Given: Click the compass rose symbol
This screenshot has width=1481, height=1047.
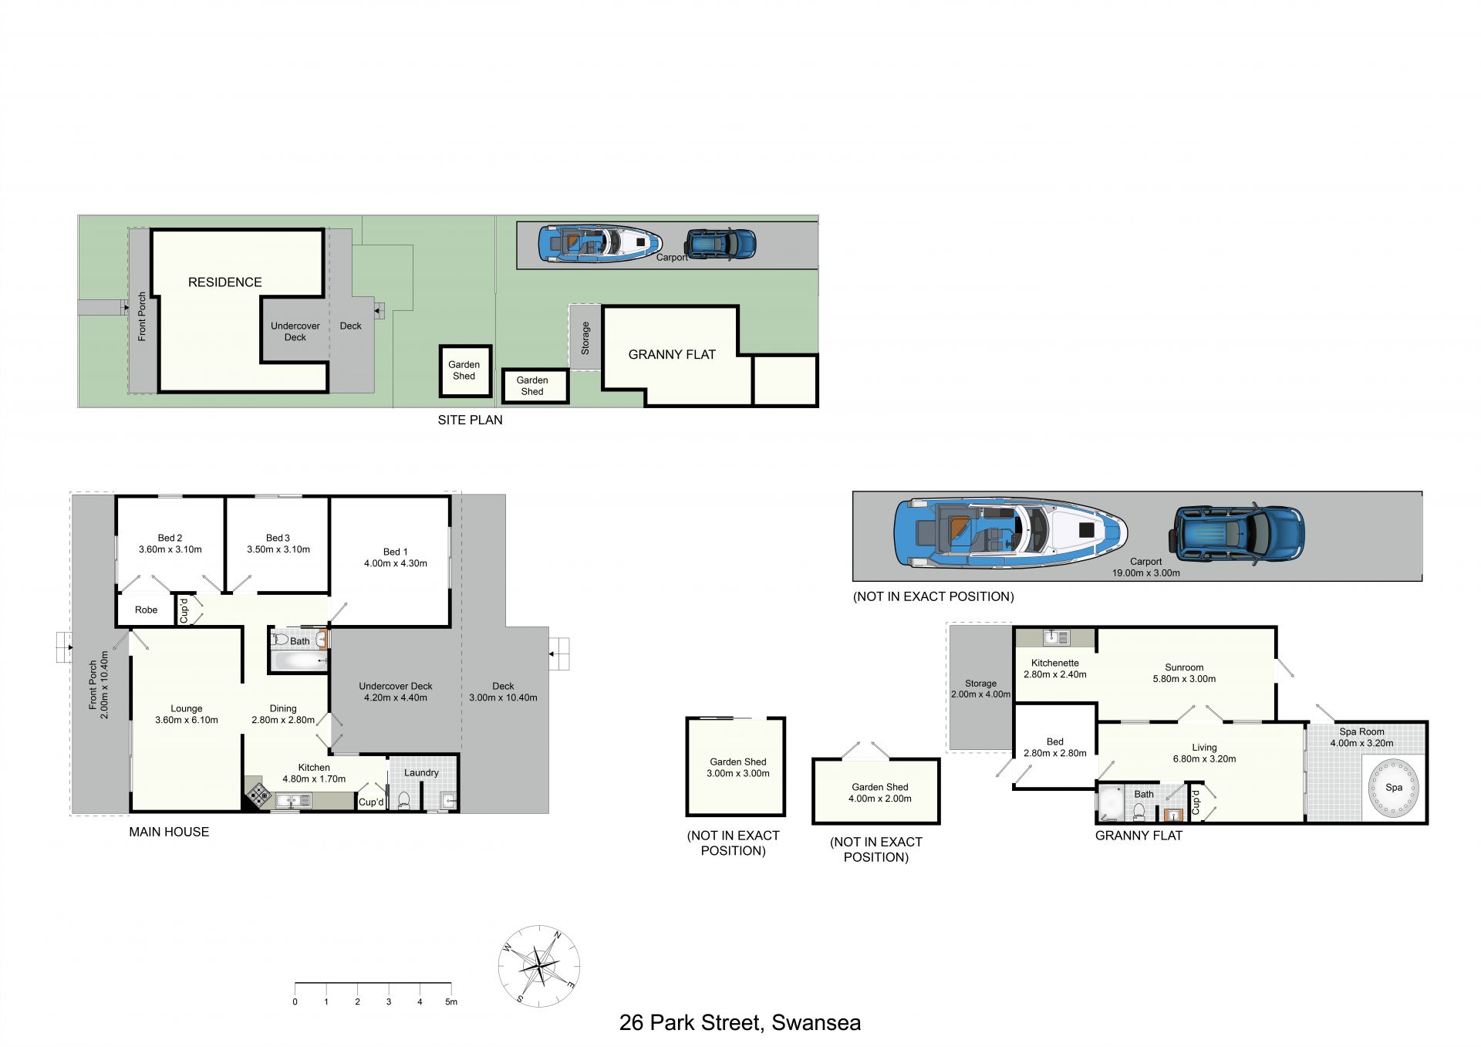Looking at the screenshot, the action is click(538, 966).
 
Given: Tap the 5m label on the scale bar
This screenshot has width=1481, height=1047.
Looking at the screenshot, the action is click(451, 1001).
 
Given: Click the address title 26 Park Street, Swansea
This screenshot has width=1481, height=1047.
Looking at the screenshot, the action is click(740, 1023).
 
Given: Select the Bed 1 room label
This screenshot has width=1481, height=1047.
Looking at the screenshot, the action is click(396, 552).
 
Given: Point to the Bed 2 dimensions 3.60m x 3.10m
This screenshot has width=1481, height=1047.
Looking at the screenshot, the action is click(170, 549).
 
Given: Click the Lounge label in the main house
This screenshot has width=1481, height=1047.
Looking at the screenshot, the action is click(187, 708).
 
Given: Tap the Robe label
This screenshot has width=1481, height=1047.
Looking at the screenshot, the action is click(146, 610).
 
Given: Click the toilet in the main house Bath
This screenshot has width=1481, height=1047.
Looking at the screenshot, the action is click(281, 640).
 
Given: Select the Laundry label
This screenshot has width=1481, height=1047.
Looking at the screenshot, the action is click(421, 772).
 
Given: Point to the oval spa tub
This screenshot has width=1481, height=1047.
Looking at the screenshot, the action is click(1393, 788).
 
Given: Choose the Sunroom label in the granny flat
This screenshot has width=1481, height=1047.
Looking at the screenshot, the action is click(1184, 667).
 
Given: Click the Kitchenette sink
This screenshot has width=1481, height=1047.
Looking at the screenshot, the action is click(1056, 637).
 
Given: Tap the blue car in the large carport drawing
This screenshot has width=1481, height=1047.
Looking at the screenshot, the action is click(1236, 534).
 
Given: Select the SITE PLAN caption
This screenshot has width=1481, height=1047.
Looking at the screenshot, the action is click(470, 420).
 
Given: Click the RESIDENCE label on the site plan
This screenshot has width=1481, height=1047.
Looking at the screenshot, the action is click(225, 282).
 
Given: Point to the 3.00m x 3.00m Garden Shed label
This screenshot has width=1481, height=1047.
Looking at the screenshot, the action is click(738, 768).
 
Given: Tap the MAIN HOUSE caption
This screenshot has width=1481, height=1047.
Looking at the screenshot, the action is click(169, 832).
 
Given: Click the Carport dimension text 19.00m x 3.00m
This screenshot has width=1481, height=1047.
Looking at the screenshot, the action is click(1145, 573).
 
